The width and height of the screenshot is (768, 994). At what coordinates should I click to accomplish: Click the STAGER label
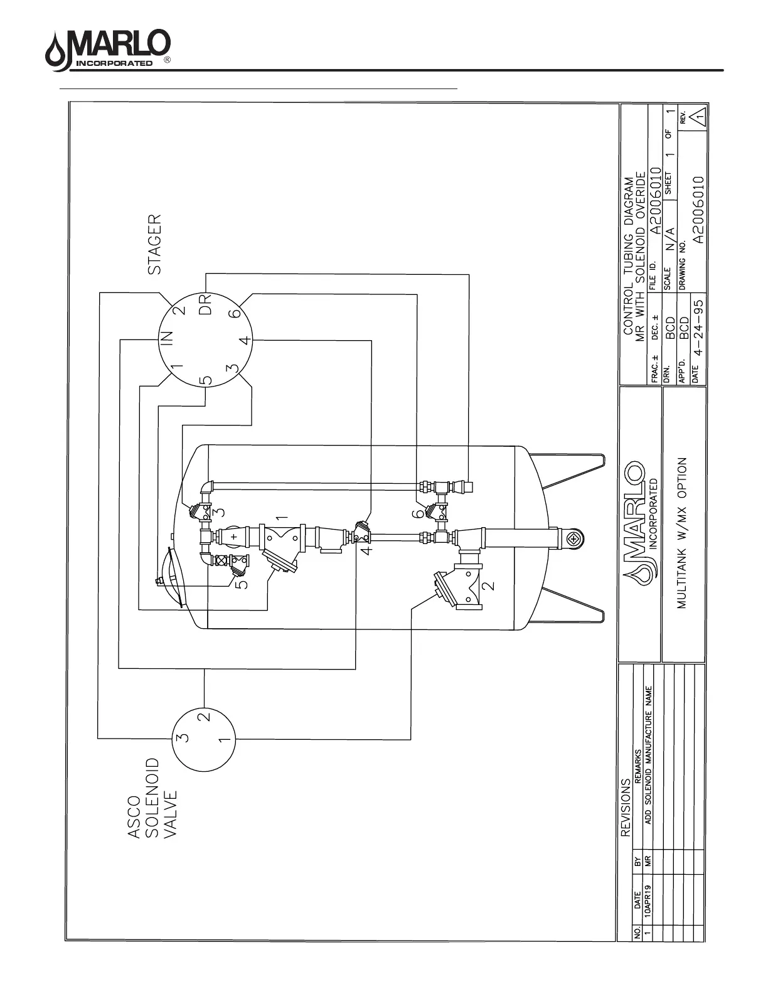[155, 245]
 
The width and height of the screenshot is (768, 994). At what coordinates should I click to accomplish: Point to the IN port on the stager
[168, 339]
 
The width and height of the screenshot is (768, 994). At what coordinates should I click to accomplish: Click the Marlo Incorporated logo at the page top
[107, 50]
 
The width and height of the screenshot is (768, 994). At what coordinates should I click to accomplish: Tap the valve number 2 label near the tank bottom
[490, 585]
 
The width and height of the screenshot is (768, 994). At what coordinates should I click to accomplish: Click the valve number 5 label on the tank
[242, 583]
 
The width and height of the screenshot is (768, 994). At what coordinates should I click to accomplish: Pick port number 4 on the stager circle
[247, 341]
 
